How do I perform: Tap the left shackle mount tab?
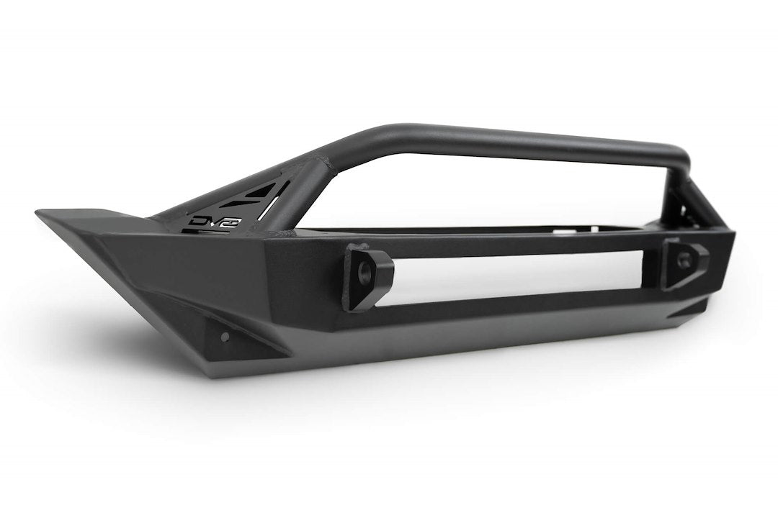pos(368,277)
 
